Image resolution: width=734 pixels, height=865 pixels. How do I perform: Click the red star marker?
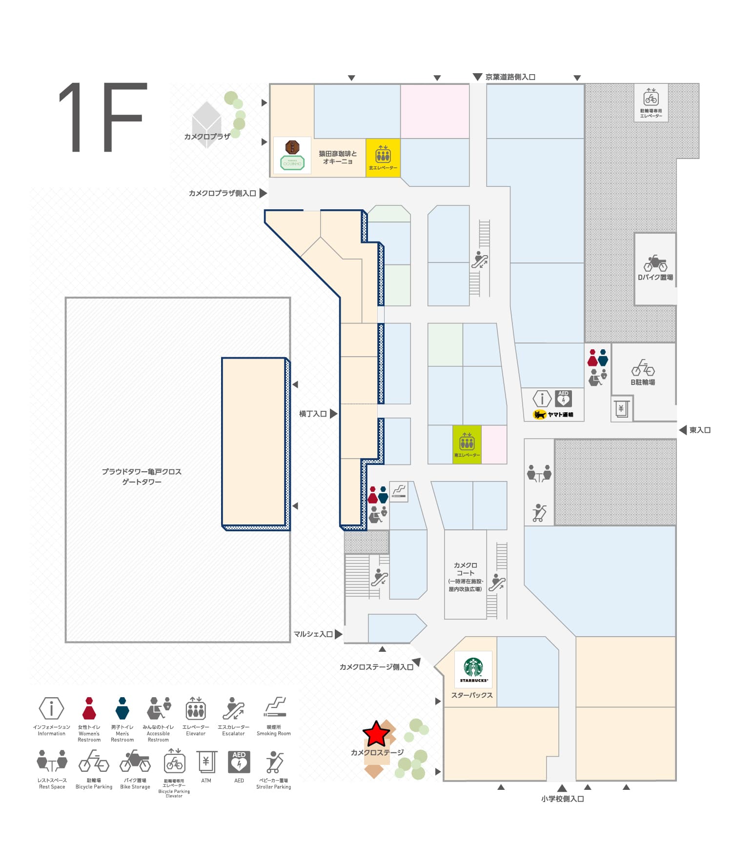[376, 734]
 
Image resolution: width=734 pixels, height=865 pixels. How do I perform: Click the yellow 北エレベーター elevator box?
[383, 158]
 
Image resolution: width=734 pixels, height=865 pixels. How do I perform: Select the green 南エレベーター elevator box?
[467, 444]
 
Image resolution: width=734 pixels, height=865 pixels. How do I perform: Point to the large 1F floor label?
[103, 117]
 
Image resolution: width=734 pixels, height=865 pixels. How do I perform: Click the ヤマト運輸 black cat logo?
[540, 415]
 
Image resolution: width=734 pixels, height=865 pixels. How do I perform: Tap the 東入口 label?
[700, 430]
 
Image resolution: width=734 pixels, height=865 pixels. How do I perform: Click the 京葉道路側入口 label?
[510, 77]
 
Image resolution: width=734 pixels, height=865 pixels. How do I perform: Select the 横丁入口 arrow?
[334, 414]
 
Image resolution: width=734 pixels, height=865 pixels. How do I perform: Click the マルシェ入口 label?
[313, 634]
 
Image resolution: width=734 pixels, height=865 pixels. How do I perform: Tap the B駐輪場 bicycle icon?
[643, 368]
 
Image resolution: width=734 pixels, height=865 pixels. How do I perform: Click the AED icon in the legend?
[239, 762]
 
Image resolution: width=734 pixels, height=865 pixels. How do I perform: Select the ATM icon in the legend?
[206, 762]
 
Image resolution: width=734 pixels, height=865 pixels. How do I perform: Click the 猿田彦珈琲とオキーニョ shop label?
[338, 157]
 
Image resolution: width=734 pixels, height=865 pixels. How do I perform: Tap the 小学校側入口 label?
[562, 799]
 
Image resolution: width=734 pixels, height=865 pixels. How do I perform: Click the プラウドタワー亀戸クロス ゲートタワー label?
[142, 477]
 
